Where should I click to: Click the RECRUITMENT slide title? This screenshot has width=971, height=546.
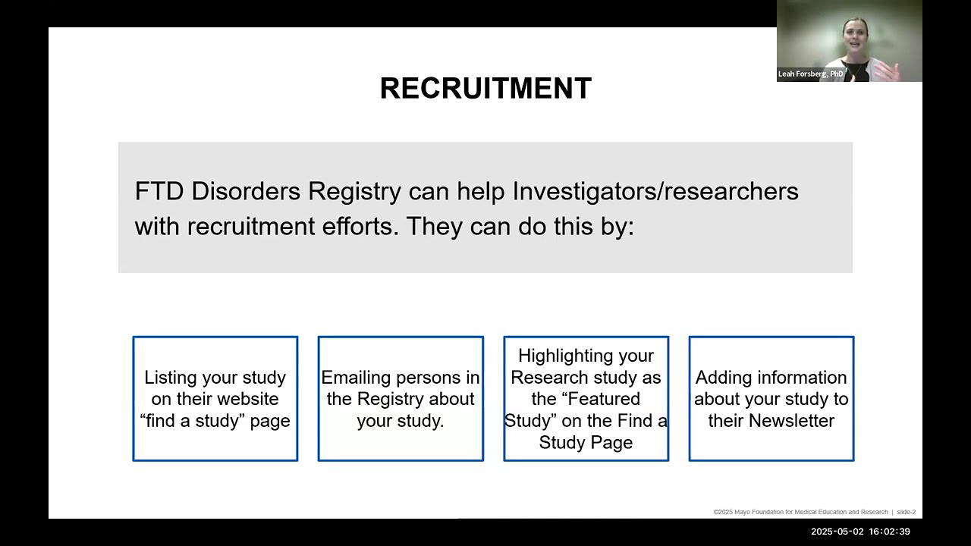[x=485, y=89]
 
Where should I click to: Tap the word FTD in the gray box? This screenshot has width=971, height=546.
[x=159, y=191]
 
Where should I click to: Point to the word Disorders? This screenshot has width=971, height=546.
[x=246, y=191]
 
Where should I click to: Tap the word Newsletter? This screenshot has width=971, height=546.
[x=791, y=421]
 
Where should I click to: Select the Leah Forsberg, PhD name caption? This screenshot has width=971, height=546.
[x=811, y=74]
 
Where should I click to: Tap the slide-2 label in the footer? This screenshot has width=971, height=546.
[x=907, y=512]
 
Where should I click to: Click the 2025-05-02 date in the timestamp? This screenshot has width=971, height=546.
[x=837, y=532]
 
